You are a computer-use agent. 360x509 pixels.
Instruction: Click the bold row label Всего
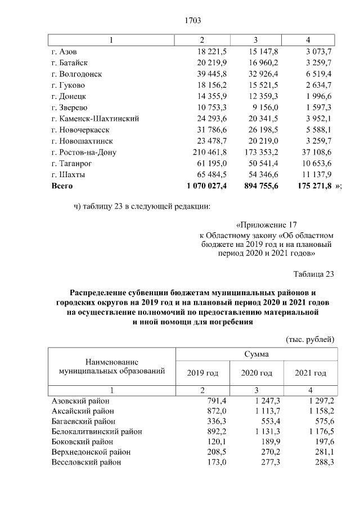(x=62, y=185)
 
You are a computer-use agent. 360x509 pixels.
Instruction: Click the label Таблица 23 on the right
(x=314, y=274)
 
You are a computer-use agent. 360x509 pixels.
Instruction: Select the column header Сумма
(x=256, y=354)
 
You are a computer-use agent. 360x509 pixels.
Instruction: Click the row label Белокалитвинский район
(x=96, y=431)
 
